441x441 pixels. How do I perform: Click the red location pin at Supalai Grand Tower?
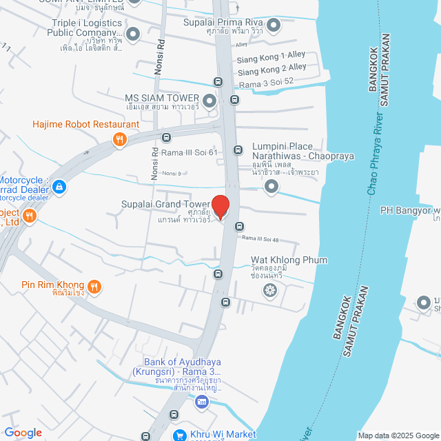[x=220, y=207]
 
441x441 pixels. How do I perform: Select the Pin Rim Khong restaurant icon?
[x=94, y=285]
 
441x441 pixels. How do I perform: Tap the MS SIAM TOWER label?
[x=162, y=99]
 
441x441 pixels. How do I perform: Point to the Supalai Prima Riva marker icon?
[x=274, y=26]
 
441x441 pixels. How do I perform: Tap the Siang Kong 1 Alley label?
[x=271, y=55]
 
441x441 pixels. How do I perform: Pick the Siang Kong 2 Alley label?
[x=271, y=68]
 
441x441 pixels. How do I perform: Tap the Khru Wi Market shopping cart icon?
[x=179, y=435]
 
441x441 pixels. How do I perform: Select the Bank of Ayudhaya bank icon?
[x=202, y=402]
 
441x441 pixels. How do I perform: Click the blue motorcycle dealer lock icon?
[x=59, y=186]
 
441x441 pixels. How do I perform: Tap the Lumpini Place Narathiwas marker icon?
[x=272, y=186]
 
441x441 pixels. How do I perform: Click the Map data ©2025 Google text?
[x=398, y=435]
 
